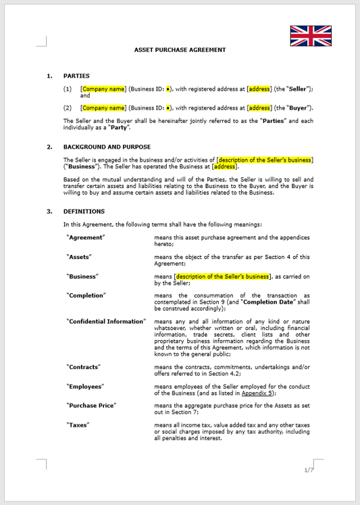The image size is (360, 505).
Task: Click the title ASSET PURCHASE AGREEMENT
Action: [x=180, y=50]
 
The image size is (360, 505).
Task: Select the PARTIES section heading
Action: [x=76, y=76]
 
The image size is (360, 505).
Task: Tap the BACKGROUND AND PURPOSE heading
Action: [x=107, y=147]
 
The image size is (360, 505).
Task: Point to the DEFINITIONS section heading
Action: [x=84, y=212]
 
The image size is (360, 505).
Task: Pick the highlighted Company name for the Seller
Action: [x=103, y=89]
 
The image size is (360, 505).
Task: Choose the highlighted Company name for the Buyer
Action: [x=103, y=107]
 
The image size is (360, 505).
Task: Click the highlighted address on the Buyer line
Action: [x=259, y=107]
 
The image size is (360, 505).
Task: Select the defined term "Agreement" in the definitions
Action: [x=86, y=237]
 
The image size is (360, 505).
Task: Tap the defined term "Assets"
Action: [x=79, y=257]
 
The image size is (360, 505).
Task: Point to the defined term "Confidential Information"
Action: [x=106, y=321]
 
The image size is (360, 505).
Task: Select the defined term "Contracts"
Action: [x=84, y=366]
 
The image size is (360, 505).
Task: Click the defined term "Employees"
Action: [x=85, y=386]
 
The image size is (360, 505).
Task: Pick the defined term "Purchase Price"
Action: [x=92, y=405]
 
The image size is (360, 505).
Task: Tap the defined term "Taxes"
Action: [x=78, y=425]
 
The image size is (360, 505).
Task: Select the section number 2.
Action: [x=49, y=147]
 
